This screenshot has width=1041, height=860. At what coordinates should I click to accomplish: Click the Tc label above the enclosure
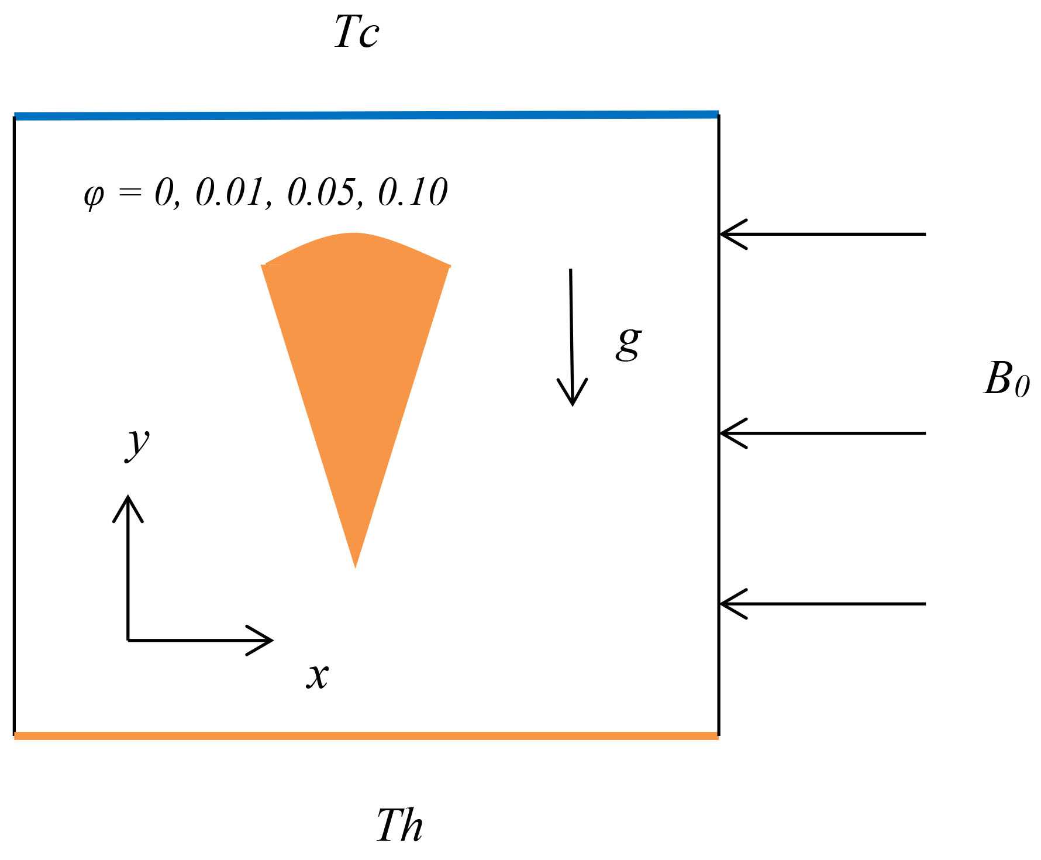356,33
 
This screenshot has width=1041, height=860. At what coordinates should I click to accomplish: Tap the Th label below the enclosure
399,825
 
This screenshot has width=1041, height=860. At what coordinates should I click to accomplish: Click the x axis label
318,676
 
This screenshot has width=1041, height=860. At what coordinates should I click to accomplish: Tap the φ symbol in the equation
94,194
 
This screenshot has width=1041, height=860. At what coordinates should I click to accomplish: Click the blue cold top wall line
366,115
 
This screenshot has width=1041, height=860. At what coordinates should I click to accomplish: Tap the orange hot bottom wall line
366,736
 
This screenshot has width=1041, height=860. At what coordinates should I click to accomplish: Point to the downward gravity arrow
571,336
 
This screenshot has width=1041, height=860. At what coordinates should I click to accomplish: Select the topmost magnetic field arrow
822,234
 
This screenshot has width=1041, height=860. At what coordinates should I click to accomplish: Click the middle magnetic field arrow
822,434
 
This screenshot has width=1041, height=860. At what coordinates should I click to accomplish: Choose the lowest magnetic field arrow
822,604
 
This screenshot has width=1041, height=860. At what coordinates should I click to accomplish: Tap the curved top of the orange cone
354,236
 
